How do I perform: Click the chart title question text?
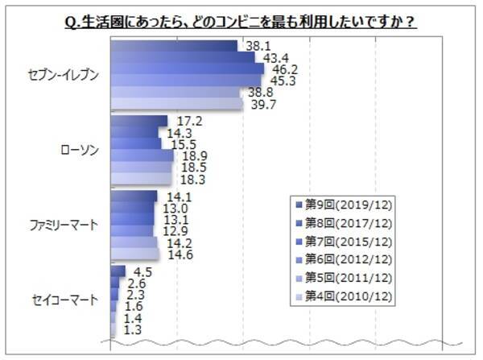pos(242,22)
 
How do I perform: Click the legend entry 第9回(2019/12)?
pos(347,203)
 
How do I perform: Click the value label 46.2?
pos(279,70)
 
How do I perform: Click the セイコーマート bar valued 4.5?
pos(118,271)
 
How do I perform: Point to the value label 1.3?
pos(129,330)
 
